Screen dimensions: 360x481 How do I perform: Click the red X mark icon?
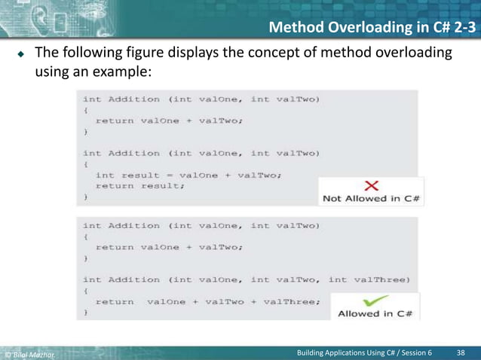tap(371, 186)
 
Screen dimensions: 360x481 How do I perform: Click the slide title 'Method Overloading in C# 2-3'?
tap(372, 29)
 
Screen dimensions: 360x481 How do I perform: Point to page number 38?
tap(463, 352)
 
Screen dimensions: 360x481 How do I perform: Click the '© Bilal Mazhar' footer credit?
tap(30, 353)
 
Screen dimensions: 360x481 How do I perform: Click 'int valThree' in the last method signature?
tap(370, 279)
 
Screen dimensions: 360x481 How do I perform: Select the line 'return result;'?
tap(139, 186)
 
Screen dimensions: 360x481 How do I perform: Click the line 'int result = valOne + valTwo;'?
tap(188, 175)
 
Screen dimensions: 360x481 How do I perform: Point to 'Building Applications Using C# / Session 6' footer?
tap(365, 352)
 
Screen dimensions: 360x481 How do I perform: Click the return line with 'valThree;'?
tap(207, 301)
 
